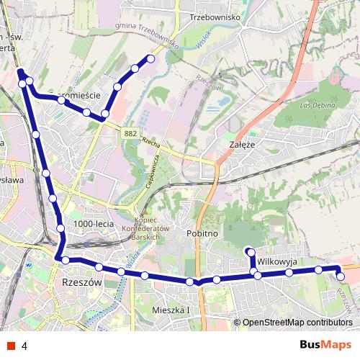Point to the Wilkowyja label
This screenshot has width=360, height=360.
277,261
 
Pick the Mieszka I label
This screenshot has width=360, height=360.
171,310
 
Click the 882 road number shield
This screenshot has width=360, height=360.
130,133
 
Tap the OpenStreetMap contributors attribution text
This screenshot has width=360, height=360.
297,323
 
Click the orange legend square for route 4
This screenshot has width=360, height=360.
11,346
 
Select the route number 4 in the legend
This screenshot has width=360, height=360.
25,346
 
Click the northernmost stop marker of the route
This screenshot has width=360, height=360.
150,58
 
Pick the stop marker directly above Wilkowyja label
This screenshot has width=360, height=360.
250,251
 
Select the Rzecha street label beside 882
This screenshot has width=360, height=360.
150,142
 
